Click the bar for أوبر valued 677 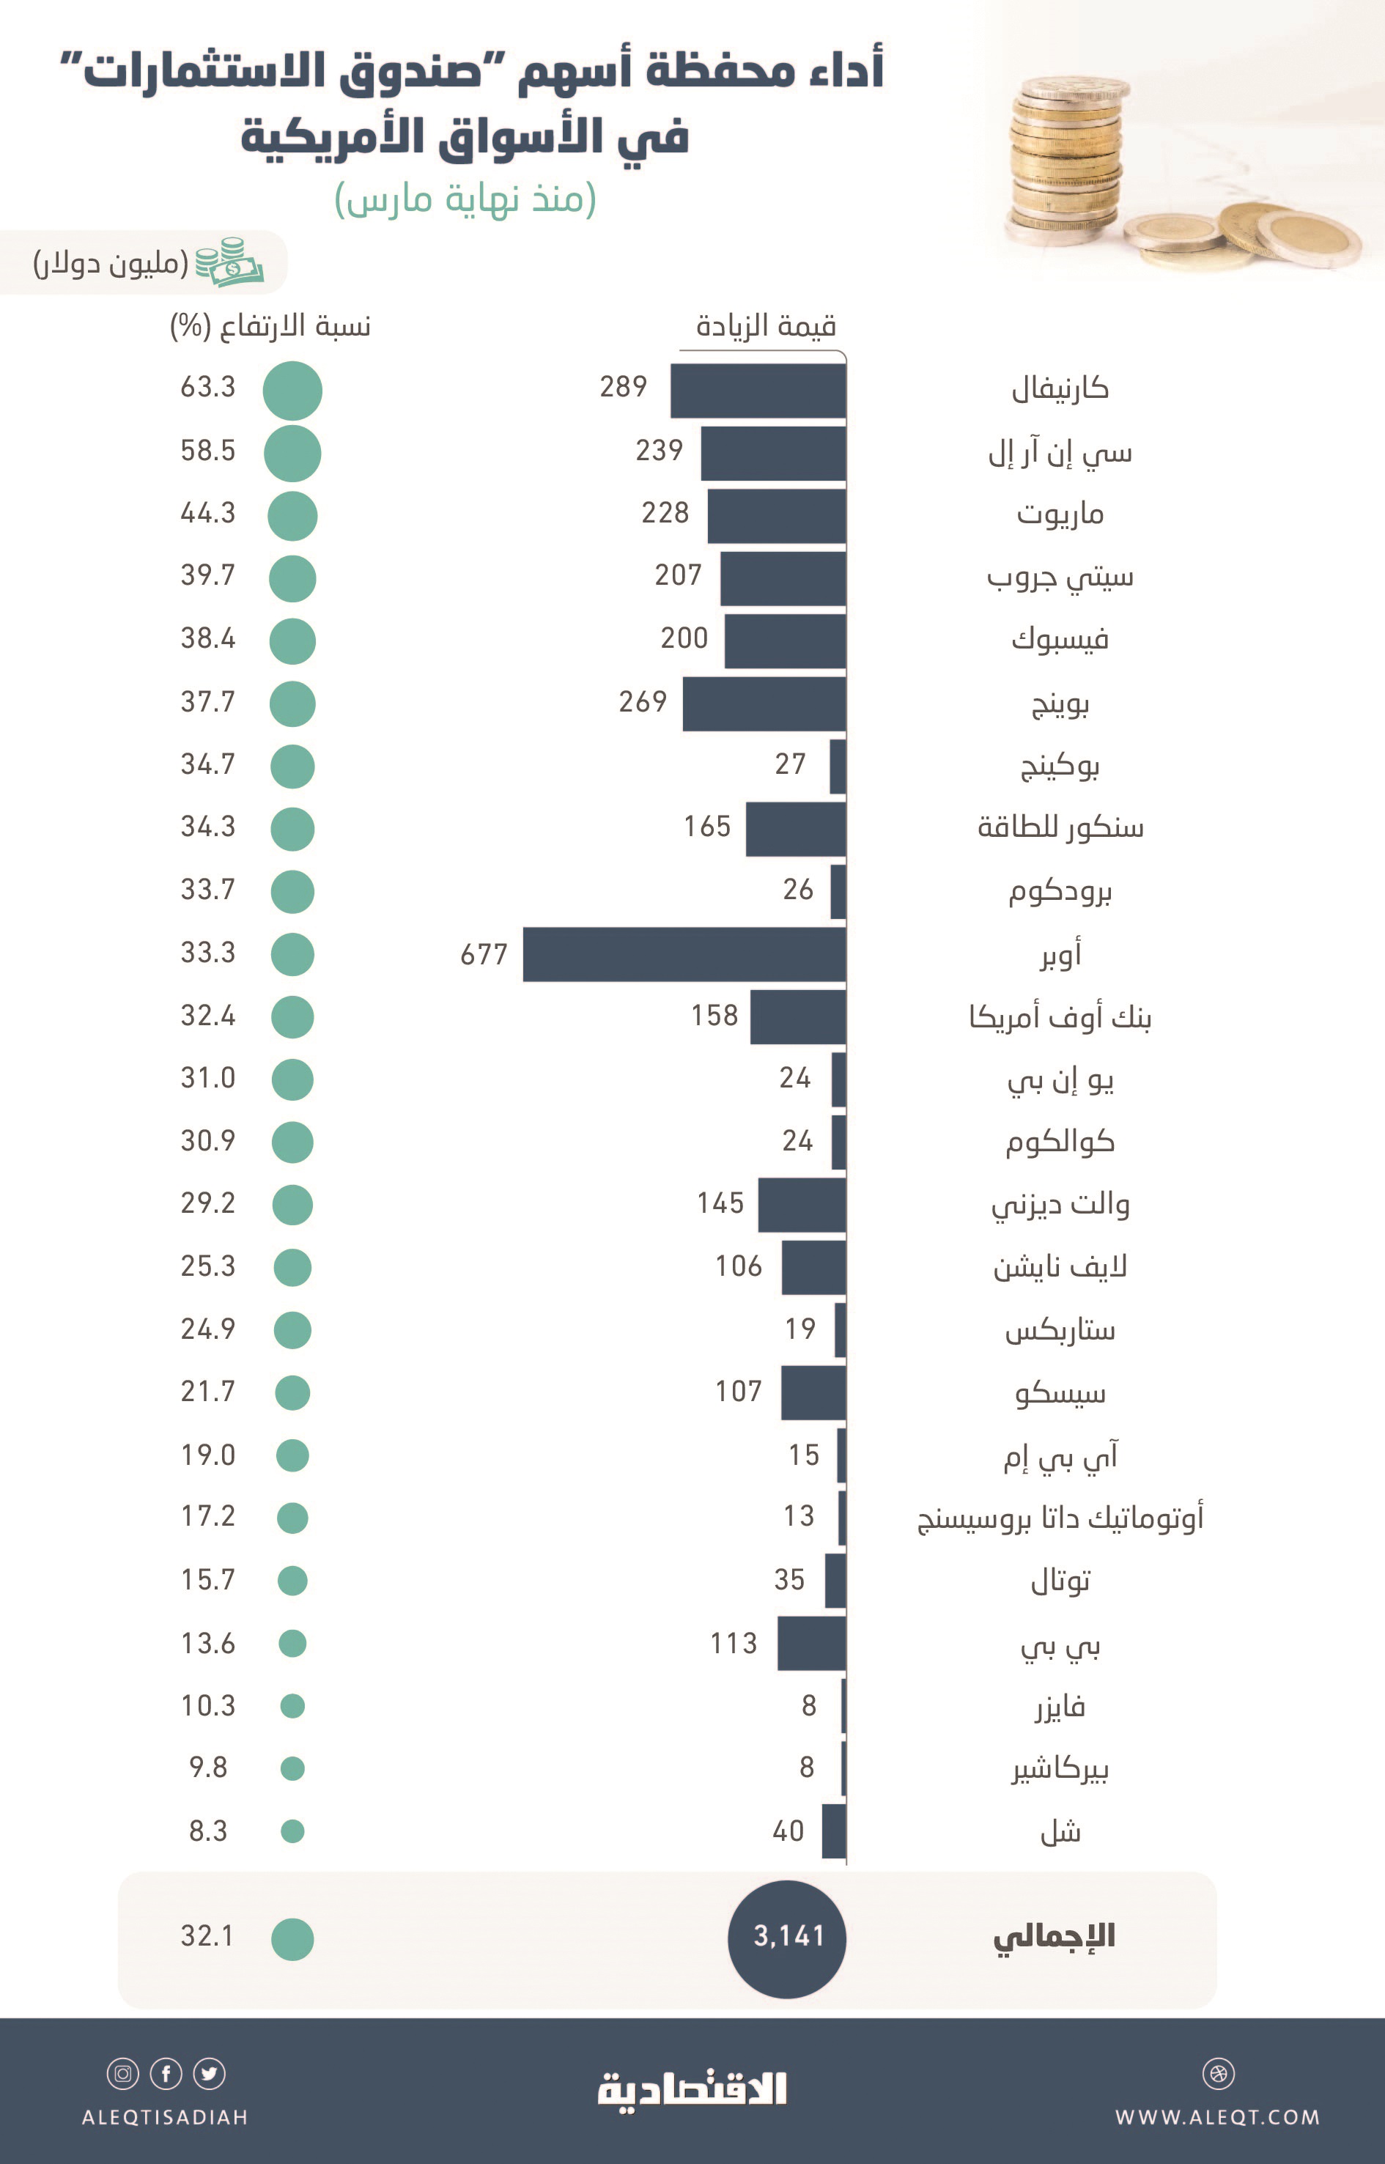[684, 953]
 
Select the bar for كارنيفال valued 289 [758, 391]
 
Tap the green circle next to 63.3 [292, 391]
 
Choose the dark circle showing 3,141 [787, 1935]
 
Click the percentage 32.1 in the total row [208, 1935]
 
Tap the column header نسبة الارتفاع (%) [270, 325]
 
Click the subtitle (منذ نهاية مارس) [465, 199]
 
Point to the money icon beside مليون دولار [229, 262]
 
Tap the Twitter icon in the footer [210, 2073]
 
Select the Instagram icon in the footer [123, 2073]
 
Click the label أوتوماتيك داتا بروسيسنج [1060, 1518]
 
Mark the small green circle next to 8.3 [292, 1831]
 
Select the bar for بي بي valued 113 [811, 1643]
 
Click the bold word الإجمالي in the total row [1054, 1935]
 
